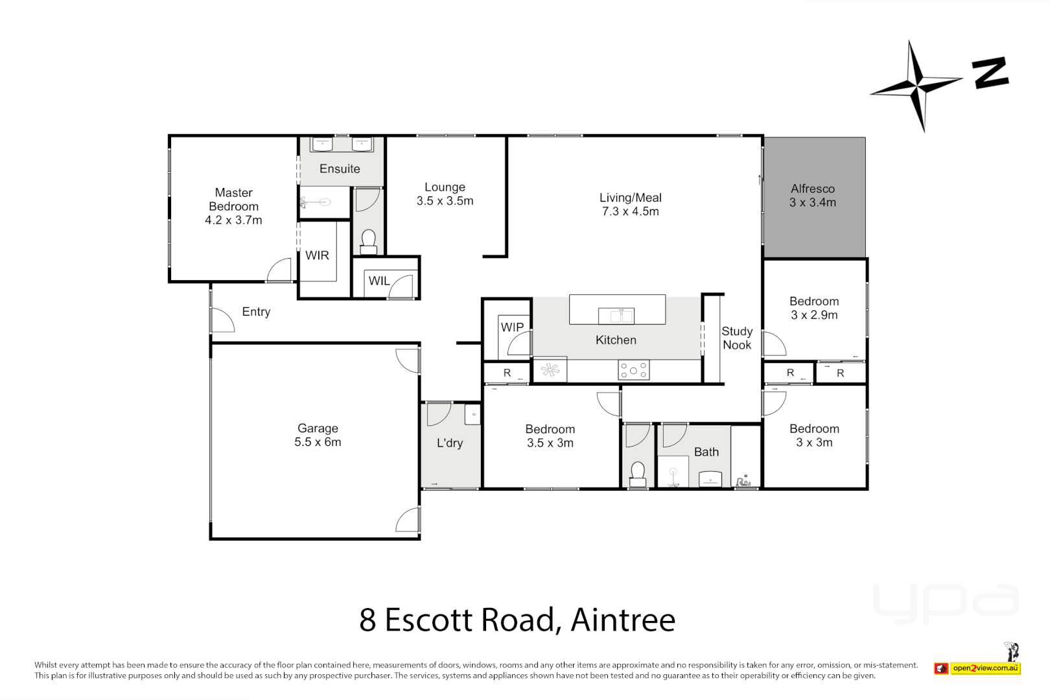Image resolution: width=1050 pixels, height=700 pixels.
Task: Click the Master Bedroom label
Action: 233,206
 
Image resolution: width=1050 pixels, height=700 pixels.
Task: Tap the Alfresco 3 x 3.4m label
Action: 812,196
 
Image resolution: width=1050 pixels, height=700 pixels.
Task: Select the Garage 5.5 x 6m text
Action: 318,435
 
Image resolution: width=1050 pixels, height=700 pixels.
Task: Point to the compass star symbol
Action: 917,86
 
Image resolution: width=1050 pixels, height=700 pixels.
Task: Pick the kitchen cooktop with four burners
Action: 633,370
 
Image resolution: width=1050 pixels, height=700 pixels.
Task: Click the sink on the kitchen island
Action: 616,316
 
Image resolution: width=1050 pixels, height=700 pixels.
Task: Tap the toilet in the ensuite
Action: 368,241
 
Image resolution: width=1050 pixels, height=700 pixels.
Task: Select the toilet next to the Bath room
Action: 638,473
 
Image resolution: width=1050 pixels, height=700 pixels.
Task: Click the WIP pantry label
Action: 512,327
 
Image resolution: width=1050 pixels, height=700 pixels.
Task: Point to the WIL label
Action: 379,281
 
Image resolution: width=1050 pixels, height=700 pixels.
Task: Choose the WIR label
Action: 317,255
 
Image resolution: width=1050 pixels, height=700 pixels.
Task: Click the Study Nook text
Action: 737,338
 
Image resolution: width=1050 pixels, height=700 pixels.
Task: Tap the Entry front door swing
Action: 222,320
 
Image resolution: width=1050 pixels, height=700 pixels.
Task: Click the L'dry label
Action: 449,443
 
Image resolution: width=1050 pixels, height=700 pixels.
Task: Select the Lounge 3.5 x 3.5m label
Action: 445,194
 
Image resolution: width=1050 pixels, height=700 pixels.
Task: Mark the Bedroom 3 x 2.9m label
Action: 814,309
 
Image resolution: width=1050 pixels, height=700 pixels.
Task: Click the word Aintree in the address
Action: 623,620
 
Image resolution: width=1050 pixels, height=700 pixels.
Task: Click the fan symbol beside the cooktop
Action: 550,370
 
